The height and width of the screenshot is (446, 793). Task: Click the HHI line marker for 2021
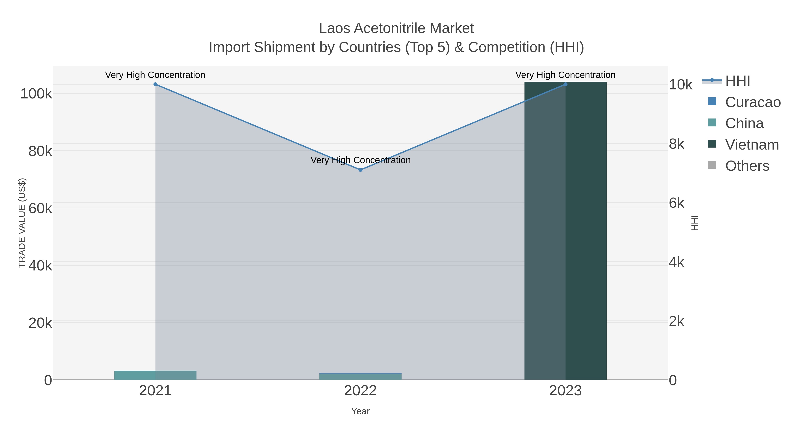[x=156, y=84]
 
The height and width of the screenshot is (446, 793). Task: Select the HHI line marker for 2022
[x=360, y=170]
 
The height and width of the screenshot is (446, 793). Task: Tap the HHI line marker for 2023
[x=565, y=84]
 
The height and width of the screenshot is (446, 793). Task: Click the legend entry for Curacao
[x=752, y=102]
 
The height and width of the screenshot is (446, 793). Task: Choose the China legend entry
[x=744, y=123]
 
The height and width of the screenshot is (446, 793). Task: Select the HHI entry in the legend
[x=737, y=81]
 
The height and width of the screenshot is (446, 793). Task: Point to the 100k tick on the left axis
[x=36, y=94]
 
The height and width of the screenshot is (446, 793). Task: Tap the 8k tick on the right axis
[x=677, y=144]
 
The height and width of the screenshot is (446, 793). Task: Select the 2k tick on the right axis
[x=677, y=321]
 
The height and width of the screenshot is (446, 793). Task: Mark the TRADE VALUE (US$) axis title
[x=22, y=223]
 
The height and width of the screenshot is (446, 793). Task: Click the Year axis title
[x=360, y=411]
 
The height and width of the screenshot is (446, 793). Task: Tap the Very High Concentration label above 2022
[x=360, y=160]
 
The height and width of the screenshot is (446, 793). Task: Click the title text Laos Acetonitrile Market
[x=396, y=28]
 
